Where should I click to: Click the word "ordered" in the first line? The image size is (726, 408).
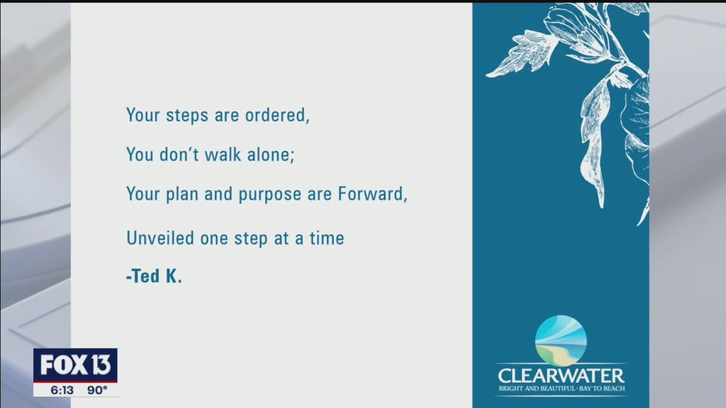pyautogui.click(x=276, y=115)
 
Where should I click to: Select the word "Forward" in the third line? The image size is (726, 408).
pyautogui.click(x=371, y=194)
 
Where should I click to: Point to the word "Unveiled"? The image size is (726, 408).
pyautogui.click(x=160, y=238)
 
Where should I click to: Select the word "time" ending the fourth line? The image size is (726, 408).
pyautogui.click(x=327, y=238)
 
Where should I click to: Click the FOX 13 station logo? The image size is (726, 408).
pyautogui.click(x=76, y=365)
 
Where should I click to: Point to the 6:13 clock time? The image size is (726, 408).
pyautogui.click(x=62, y=390)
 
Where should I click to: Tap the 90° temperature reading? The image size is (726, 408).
pyautogui.click(x=97, y=390)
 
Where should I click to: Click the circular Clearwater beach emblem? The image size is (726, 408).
pyautogui.click(x=561, y=341)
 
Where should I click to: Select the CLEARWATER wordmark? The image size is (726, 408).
pyautogui.click(x=561, y=375)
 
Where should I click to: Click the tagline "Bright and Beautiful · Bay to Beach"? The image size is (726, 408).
pyautogui.click(x=562, y=389)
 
